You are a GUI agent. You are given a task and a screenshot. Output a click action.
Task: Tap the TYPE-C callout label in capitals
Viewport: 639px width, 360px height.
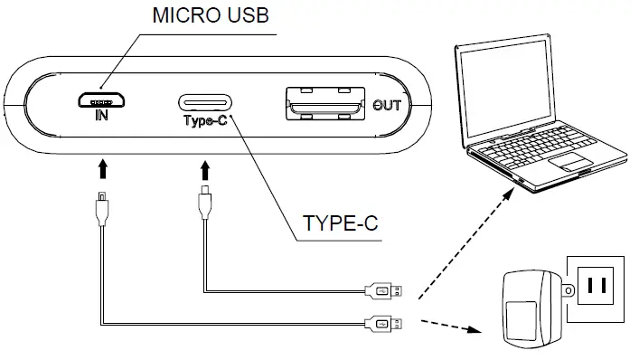(339, 223)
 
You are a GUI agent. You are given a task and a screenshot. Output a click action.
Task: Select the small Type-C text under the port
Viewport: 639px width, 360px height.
(205, 120)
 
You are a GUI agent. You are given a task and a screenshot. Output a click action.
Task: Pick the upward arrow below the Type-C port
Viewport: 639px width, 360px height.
(207, 168)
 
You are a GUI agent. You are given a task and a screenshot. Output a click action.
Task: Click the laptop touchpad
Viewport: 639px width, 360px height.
(571, 162)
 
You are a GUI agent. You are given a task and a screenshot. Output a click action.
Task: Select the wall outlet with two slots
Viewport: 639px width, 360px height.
(595, 287)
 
